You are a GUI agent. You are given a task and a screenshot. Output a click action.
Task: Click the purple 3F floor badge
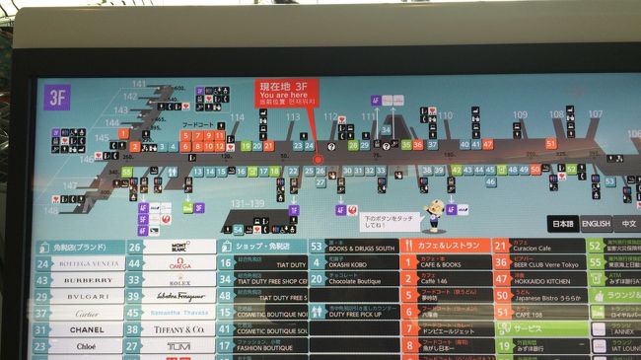tap(55, 100)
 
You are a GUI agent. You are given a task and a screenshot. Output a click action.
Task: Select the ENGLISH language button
tap(595, 224)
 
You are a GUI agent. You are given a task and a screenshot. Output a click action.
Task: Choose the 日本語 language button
tap(562, 224)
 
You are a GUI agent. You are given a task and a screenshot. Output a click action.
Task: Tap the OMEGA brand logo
tap(180, 263)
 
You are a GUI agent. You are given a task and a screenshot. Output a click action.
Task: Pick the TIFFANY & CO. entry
tap(180, 329)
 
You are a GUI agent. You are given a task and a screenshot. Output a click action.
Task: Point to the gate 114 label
tap(237, 117)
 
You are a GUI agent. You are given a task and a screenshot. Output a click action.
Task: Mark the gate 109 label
tap(520, 114)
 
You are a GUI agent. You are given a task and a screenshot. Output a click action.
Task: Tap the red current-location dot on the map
tap(318, 158)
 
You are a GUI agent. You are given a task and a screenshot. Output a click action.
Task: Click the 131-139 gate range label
tap(249, 203)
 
